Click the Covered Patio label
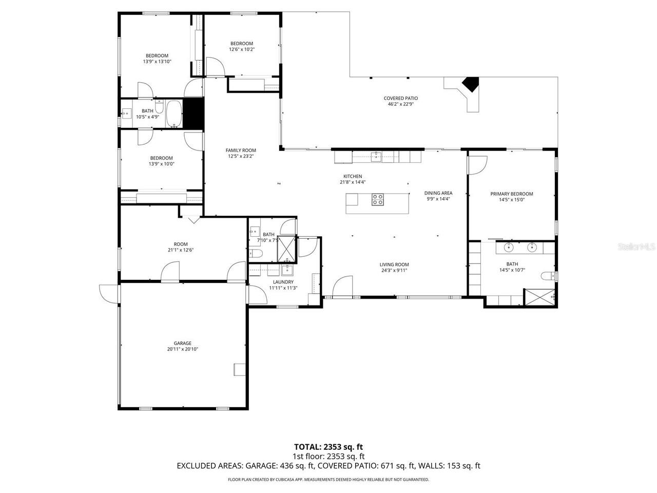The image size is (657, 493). [x=401, y=98]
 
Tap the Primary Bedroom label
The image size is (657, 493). [x=511, y=194]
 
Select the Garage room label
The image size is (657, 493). [x=182, y=343]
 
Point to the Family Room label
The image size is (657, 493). [x=240, y=150]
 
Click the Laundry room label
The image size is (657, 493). [x=283, y=282]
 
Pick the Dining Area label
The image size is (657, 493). [x=438, y=193]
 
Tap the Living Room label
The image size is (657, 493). [x=394, y=264]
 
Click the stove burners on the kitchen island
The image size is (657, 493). [x=378, y=199]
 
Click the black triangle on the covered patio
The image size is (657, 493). [x=470, y=84]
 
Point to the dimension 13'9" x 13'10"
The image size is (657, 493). [x=157, y=62]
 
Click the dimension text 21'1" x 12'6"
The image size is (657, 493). [x=180, y=250]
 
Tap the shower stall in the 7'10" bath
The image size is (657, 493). [x=286, y=249]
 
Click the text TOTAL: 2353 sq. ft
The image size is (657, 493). [x=328, y=447]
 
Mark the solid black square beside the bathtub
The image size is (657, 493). [x=194, y=113]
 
